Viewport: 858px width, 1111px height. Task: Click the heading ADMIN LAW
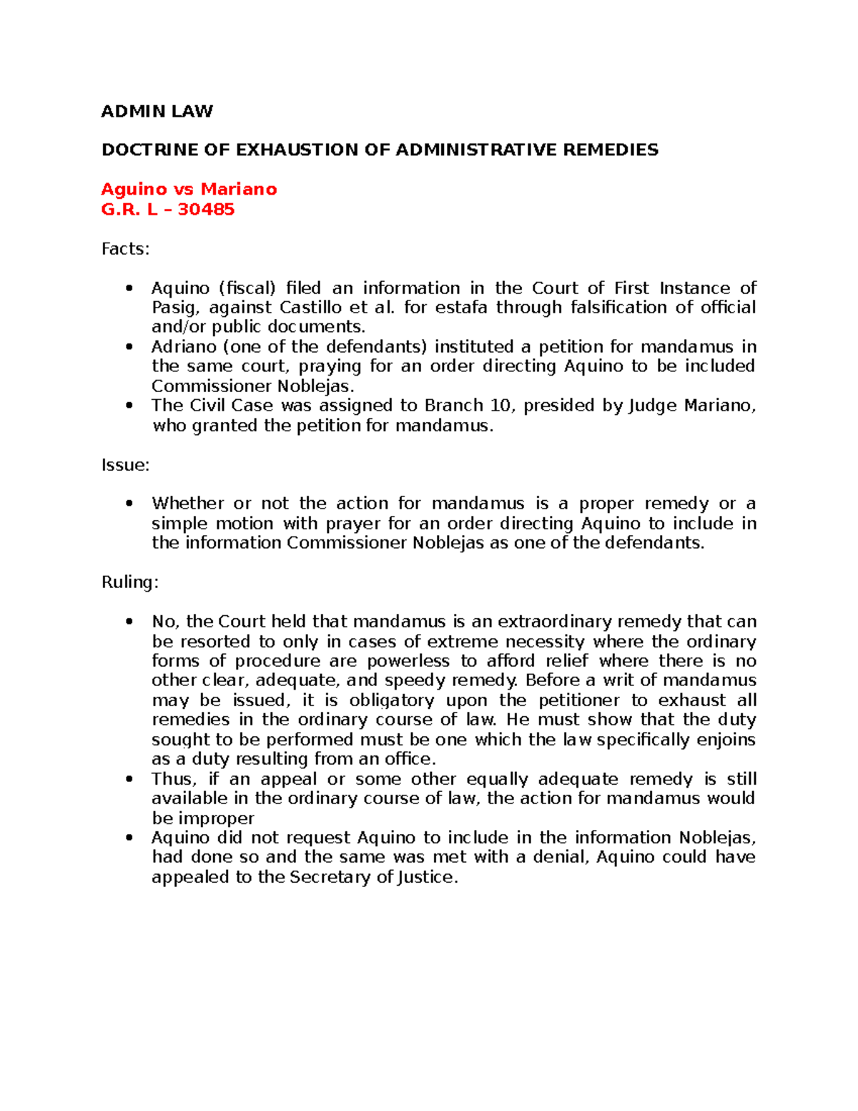pyautogui.click(x=157, y=111)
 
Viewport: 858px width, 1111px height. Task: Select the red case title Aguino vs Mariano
pyautogui.click(x=189, y=189)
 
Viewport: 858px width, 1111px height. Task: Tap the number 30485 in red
pyautogui.click(x=206, y=209)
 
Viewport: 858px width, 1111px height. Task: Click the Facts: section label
pyautogui.click(x=125, y=249)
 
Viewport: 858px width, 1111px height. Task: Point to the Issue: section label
pyautogui.click(x=125, y=465)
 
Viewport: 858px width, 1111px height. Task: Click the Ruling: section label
pyautogui.click(x=129, y=582)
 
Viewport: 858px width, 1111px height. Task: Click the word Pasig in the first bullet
pyautogui.click(x=169, y=308)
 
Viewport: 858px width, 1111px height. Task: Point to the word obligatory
pyautogui.click(x=392, y=700)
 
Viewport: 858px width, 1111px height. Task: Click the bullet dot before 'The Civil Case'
pyautogui.click(x=129, y=406)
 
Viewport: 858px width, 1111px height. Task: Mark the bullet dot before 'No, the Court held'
pyautogui.click(x=129, y=622)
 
